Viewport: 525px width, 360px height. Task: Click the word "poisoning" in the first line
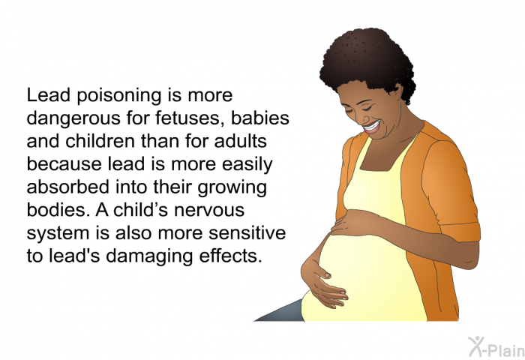pyautogui.click(x=118, y=96)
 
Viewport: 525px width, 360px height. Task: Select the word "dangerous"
pyautogui.click(x=73, y=118)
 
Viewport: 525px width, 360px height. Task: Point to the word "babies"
pyautogui.click(x=259, y=118)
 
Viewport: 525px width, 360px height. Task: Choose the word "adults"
pyautogui.click(x=241, y=141)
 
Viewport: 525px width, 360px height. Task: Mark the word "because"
pyautogui.click(x=64, y=164)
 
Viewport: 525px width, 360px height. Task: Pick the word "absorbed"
pyautogui.click(x=68, y=187)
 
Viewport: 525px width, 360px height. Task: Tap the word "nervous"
pyautogui.click(x=209, y=211)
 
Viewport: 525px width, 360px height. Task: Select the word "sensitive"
pyautogui.click(x=247, y=232)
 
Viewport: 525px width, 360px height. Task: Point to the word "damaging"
pyautogui.click(x=149, y=256)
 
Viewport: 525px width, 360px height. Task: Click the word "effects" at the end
pyautogui.click(x=230, y=256)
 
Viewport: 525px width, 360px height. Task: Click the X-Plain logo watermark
pyautogui.click(x=496, y=347)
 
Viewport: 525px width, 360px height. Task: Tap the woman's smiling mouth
pyautogui.click(x=372, y=127)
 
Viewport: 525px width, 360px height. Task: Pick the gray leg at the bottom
pyautogui.click(x=280, y=311)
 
